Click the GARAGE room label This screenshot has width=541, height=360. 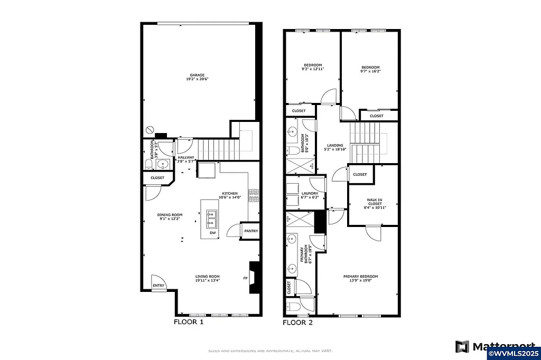coord(198,75)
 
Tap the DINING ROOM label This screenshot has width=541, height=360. coord(170,215)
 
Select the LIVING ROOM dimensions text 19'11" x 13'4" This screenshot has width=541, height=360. coord(208,281)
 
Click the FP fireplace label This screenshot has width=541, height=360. coord(245,278)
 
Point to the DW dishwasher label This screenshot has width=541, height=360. coord(212,233)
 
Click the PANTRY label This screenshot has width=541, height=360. coord(251,231)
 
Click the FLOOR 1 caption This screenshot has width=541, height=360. coord(188,321)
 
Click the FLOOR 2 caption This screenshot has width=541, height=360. coord(297,322)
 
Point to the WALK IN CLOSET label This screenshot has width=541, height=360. coord(375,202)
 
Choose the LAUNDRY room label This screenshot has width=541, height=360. coord(310,194)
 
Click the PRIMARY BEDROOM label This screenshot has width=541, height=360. coord(360,277)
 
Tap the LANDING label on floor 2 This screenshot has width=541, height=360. coord(335,146)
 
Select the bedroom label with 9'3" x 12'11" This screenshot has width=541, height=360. coord(312,65)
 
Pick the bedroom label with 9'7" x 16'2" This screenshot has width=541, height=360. coord(370,68)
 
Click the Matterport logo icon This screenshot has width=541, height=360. coord(462,347)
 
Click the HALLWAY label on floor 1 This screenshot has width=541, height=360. coord(186,157)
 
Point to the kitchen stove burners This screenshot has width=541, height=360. coord(255,194)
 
